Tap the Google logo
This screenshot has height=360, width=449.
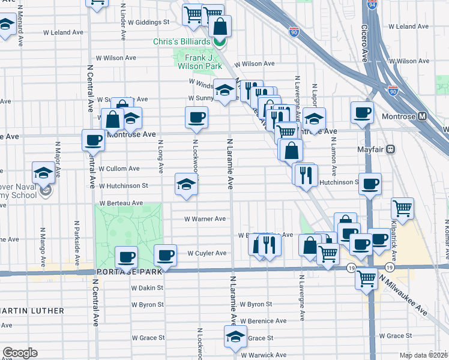click(x=20, y=353)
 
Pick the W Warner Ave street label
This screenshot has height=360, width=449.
click(x=205, y=219)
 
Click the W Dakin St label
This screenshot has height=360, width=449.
click(x=148, y=288)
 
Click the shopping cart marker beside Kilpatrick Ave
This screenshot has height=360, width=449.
click(x=402, y=208)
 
